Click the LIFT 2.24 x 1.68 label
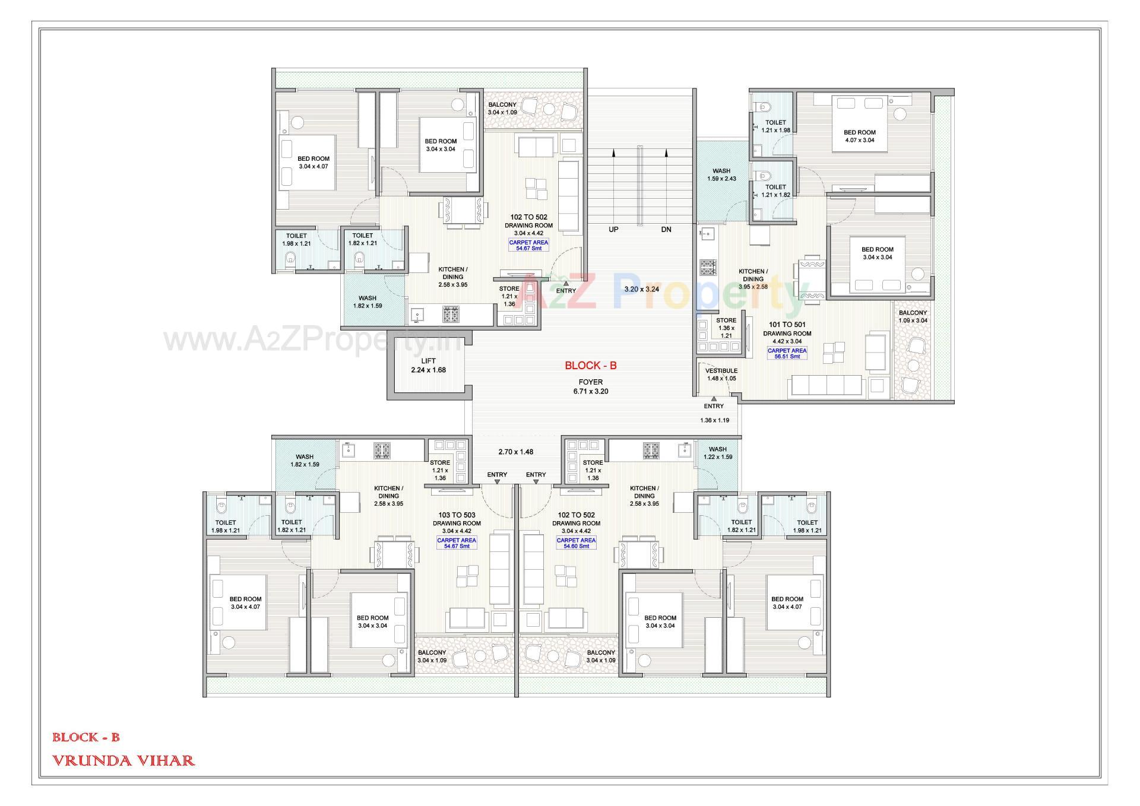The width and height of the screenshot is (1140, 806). tap(428, 366)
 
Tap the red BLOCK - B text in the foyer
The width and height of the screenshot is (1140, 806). tap(590, 366)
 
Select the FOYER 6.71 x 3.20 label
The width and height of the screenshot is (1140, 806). tap(590, 387)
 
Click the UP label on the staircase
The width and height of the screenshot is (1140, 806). tap(613, 229)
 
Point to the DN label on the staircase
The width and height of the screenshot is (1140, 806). tap(666, 229)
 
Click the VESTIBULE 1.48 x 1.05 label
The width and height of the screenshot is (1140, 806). tap(721, 375)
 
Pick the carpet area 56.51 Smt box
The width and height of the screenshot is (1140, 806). tap(787, 353)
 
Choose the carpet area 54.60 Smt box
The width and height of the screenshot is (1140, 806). tap(575, 543)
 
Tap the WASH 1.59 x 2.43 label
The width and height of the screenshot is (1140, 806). tap(721, 174)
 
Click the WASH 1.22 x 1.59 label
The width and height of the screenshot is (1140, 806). tap(717, 453)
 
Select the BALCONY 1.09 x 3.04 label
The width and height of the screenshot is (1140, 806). tap(913, 316)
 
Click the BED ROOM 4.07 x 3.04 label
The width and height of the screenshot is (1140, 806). tap(859, 136)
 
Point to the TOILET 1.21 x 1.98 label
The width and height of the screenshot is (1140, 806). tap(775, 126)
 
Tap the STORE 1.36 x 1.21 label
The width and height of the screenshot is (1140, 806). tap(726, 328)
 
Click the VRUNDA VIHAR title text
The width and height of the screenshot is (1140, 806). tap(123, 760)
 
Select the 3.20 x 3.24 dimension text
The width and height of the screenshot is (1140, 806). tap(641, 289)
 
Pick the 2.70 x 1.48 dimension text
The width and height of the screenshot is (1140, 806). tap(515, 452)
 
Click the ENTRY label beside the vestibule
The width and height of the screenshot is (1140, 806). tap(713, 406)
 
